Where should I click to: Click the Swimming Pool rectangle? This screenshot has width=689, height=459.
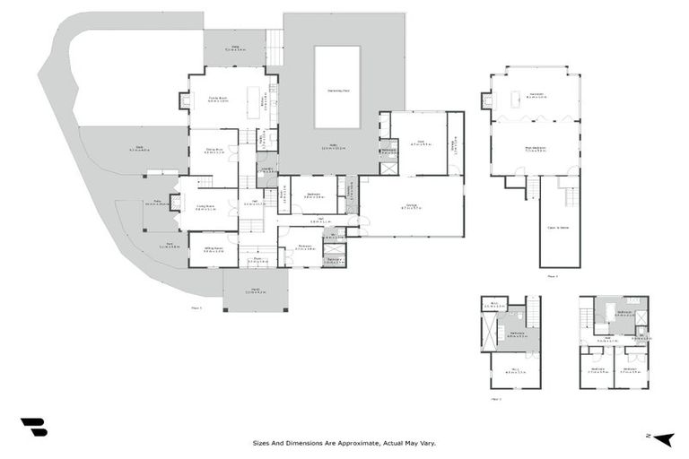point(337,87)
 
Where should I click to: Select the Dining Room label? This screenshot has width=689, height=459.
point(214,152)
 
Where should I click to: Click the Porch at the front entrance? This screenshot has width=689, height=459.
point(255,290)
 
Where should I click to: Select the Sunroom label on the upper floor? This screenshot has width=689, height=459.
point(536,94)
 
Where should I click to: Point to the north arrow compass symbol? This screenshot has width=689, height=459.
point(664,437)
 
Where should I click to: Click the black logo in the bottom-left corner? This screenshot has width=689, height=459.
point(33,428)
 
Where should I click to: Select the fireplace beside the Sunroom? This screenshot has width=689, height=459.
point(486,101)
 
